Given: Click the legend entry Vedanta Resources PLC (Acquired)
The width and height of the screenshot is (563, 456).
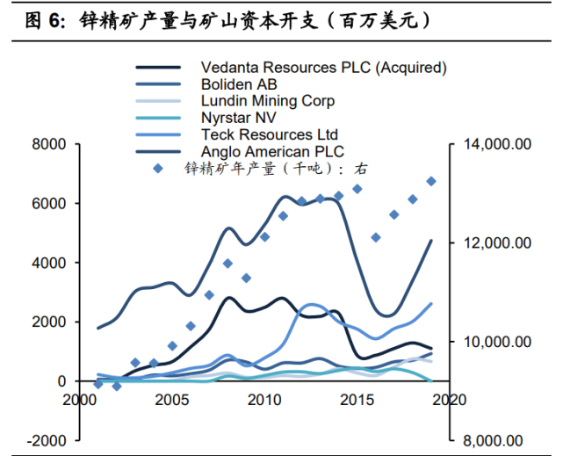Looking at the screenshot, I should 323,68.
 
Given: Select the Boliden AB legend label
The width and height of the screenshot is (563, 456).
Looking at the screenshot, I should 239,84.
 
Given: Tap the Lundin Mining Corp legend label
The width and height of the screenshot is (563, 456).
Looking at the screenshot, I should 268,101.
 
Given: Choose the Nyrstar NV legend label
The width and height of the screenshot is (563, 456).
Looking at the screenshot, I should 239,118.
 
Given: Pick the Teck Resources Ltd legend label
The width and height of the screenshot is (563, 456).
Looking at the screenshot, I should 270,134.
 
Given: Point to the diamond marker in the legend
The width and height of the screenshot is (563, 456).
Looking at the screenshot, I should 158,168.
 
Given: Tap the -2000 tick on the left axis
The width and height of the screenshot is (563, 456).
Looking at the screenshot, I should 45,440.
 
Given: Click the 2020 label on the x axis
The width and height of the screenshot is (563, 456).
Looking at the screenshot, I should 448,400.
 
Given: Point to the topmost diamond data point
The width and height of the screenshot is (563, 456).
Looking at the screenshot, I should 431,182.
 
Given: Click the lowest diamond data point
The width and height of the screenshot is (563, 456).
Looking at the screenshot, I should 117,387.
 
